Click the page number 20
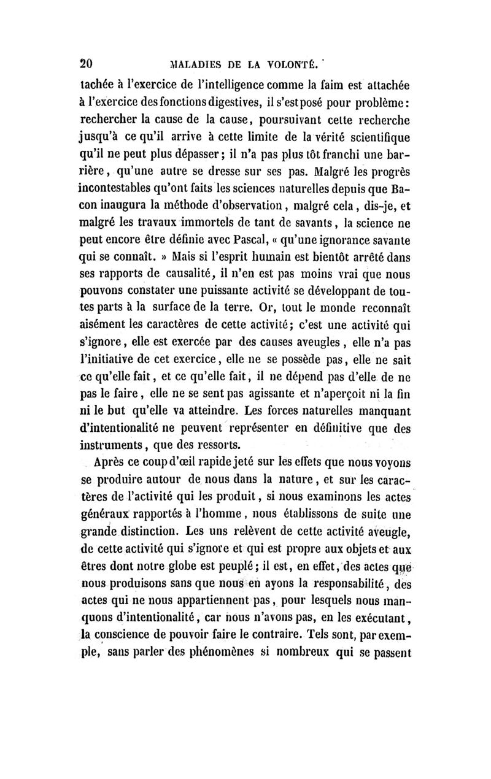(x=87, y=63)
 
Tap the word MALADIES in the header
(x=187, y=64)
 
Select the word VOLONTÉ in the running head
(x=288, y=64)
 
